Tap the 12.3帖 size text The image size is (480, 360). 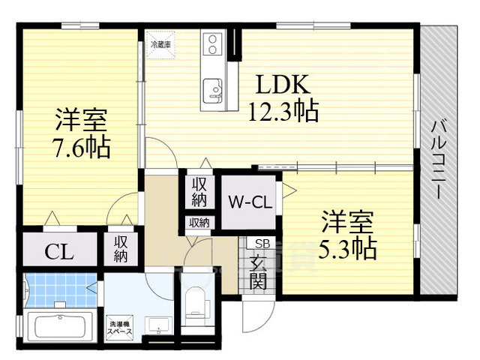pos(283,111)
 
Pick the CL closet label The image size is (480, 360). pos(58,251)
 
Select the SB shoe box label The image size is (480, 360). pos(262,244)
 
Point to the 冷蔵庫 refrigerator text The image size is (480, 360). pos(160,45)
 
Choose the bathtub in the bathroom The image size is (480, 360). pos(58,328)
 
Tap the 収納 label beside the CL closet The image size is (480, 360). pos(121,249)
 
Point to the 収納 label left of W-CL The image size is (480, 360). pos(199,193)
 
